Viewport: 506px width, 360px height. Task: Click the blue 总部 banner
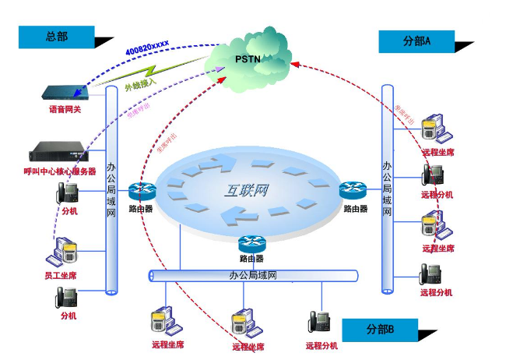point(57,37)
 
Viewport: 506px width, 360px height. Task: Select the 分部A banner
point(417,41)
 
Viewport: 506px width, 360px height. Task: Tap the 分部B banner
point(380,330)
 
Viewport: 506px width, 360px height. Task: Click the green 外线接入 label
point(141,83)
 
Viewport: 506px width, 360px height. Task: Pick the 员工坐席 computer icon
point(61,252)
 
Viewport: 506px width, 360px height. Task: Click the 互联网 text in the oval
point(248,189)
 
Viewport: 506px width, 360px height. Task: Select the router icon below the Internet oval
point(251,243)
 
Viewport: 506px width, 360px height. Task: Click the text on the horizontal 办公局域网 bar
point(253,275)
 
